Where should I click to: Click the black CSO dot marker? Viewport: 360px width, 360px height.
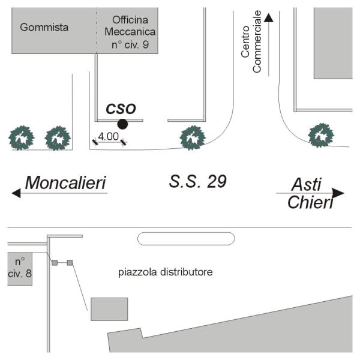[122, 124]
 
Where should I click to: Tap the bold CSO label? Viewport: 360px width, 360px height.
[121, 109]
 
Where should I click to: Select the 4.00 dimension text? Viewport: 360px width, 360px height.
[108, 136]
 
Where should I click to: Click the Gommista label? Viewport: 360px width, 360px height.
[44, 27]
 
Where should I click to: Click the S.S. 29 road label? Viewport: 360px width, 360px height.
[198, 181]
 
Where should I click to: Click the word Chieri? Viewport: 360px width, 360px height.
[310, 203]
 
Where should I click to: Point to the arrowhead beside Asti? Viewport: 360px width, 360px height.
[339, 193]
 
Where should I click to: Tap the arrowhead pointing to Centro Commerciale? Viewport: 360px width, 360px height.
[269, 17]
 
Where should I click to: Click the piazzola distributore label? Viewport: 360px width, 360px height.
[165, 272]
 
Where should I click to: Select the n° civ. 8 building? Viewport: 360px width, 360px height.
[19, 269]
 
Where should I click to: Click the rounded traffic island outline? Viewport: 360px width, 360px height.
[186, 239]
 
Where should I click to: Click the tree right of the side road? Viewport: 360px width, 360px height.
[320, 135]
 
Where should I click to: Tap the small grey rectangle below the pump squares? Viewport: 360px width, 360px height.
[109, 308]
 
